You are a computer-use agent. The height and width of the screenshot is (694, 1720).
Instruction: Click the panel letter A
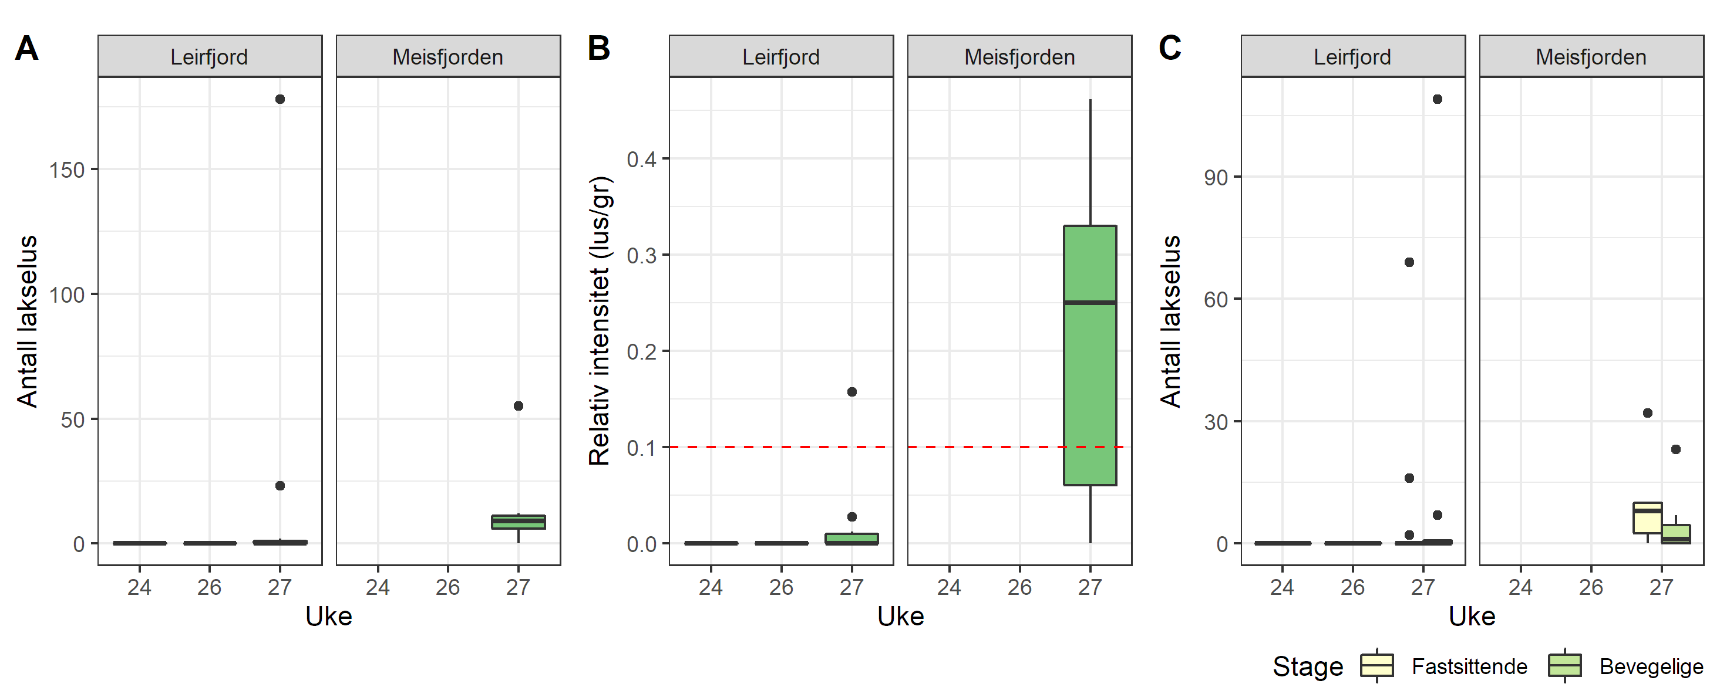[x=26, y=49]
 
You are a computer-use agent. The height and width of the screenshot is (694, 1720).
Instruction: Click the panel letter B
[x=598, y=49]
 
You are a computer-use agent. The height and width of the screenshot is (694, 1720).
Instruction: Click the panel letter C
[x=1170, y=49]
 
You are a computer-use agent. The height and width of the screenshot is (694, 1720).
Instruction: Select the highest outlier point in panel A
[x=280, y=99]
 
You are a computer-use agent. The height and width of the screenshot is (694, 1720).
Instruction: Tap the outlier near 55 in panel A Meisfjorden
[x=518, y=406]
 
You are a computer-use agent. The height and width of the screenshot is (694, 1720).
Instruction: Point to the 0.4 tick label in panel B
[x=641, y=160]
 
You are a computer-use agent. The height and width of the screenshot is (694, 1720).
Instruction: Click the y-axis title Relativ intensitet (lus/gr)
[x=600, y=320]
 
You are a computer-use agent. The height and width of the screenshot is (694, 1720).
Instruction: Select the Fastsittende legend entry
[x=1469, y=666]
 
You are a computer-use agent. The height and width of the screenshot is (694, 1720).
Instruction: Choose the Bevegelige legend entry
[x=1651, y=666]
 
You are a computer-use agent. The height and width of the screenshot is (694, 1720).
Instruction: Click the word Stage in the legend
[x=1307, y=666]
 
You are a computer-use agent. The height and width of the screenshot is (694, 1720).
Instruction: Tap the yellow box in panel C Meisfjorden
[x=1647, y=519]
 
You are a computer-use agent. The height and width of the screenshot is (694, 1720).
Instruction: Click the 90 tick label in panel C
[x=1215, y=178]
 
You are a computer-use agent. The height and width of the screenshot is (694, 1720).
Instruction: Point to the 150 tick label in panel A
[x=67, y=170]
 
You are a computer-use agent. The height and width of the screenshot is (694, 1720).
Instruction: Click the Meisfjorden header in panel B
[x=1019, y=57]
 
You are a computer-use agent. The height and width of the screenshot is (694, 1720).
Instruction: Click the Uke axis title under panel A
[x=328, y=616]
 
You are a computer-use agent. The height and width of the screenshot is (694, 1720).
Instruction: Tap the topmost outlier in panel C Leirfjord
[x=1438, y=99]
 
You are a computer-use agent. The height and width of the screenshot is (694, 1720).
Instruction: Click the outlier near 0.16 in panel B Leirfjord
[x=851, y=392]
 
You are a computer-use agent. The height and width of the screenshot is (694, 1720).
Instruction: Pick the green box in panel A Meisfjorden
[x=518, y=522]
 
